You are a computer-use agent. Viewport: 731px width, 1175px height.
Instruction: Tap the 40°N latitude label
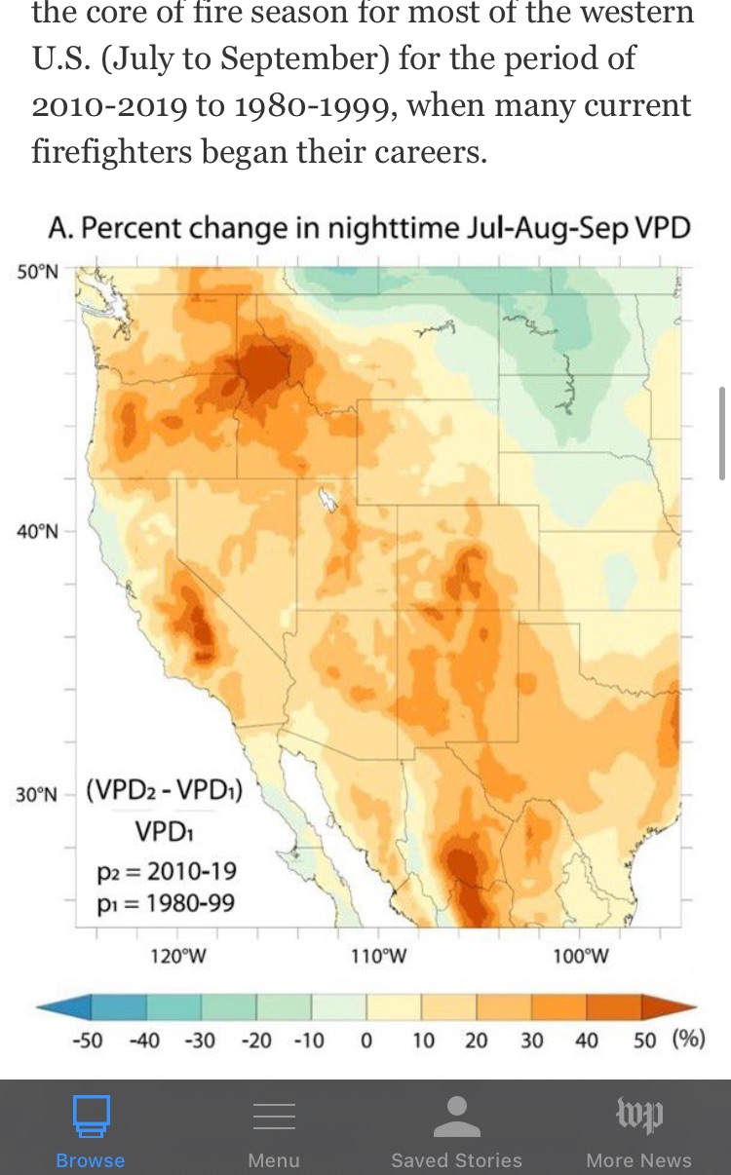point(37,531)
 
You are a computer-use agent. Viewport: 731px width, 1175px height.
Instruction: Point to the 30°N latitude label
point(37,794)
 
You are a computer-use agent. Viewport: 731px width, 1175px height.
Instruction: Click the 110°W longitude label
point(379,956)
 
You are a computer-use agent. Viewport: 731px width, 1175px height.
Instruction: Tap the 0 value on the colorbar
point(366,1040)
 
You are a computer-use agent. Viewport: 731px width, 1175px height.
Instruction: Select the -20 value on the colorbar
point(255,1040)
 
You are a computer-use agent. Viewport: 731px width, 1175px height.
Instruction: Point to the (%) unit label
point(688,1039)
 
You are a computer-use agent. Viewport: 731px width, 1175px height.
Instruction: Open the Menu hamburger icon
point(274,1117)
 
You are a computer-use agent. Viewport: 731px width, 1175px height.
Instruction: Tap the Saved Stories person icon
point(456,1117)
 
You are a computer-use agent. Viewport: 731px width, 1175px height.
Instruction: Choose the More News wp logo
point(638,1115)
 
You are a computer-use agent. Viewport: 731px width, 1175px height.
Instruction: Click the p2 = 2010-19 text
point(167,871)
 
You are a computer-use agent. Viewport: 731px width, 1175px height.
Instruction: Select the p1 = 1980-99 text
point(165,903)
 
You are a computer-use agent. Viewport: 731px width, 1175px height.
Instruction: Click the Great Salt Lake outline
point(329,500)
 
